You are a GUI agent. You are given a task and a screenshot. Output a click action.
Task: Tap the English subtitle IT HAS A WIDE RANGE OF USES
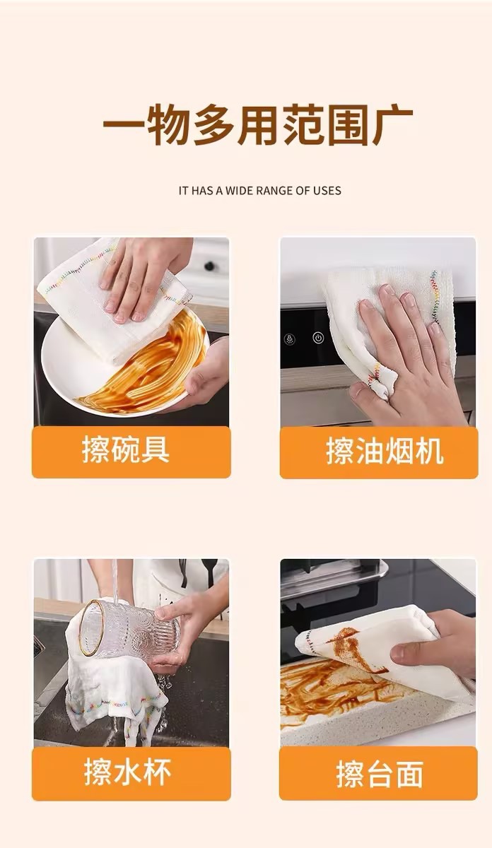point(260,190)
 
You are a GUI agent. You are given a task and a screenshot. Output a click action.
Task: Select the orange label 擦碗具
point(131,452)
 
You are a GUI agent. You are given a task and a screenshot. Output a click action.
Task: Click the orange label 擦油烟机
point(379,452)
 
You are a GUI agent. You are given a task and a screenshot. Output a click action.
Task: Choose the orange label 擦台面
point(379,773)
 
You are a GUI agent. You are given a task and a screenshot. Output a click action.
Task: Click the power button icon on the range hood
point(318,338)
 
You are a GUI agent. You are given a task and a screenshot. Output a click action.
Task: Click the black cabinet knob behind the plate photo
point(209,266)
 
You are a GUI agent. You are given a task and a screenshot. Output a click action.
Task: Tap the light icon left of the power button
point(290,338)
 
